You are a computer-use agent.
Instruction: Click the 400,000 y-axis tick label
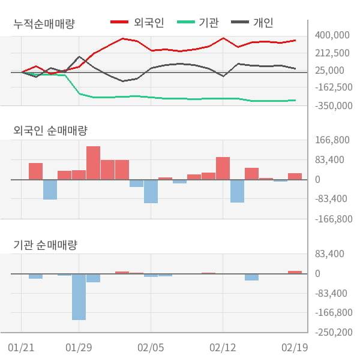point(332,35)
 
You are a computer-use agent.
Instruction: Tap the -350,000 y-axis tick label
point(332,105)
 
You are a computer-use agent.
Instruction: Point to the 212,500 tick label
point(332,53)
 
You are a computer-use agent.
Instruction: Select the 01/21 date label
point(22,348)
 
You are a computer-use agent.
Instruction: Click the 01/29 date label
point(79,348)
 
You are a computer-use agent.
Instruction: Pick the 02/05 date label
point(151,348)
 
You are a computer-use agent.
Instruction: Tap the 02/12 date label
point(223,348)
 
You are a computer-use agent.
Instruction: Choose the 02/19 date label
point(295,348)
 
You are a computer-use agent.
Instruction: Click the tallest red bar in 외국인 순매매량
point(93,162)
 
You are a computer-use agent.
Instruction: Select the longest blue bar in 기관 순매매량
point(79,297)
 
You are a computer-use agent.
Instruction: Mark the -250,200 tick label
point(332,332)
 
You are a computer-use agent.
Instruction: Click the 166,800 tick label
point(332,140)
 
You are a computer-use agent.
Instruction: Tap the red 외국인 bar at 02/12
point(223,168)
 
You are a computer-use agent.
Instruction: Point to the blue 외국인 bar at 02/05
point(151,191)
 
